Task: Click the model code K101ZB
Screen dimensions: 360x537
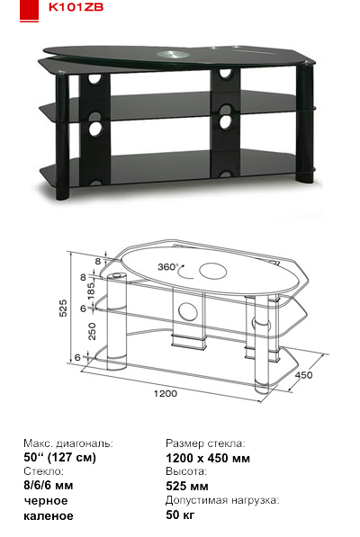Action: tap(76, 7)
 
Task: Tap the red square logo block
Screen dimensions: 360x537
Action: tap(29, 10)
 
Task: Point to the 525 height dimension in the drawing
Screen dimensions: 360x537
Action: tap(64, 308)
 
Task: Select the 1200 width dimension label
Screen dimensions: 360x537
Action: tap(166, 393)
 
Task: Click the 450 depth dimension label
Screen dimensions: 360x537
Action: tap(303, 375)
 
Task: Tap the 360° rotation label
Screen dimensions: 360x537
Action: tap(167, 267)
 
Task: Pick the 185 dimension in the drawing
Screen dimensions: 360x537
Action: tap(91, 291)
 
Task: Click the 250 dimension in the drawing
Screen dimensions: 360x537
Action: tap(92, 331)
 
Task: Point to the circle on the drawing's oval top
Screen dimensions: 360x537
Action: tap(212, 272)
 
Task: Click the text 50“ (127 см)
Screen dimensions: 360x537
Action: tap(60, 457)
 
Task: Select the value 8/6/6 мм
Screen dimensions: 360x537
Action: tap(49, 486)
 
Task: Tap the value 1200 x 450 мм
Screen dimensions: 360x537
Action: tap(208, 458)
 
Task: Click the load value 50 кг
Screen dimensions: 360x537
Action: tap(180, 515)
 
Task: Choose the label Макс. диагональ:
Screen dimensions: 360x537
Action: tap(68, 443)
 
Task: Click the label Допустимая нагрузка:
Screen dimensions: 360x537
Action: tap(222, 500)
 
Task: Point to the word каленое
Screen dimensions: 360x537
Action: tap(49, 515)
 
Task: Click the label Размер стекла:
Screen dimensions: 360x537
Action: tap(205, 443)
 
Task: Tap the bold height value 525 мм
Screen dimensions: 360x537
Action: tap(187, 486)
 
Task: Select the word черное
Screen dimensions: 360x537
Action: tap(46, 501)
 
